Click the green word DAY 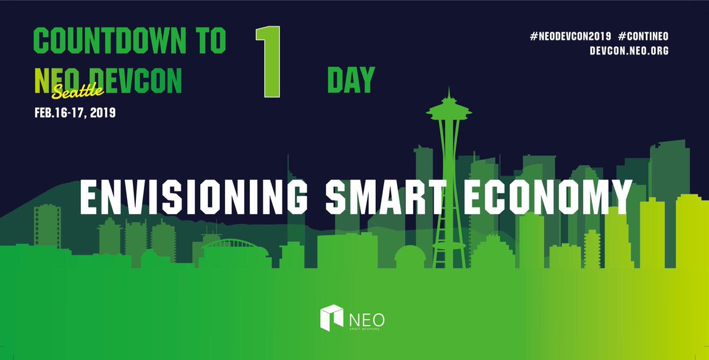tap(351, 80)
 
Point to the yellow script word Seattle tap(78, 89)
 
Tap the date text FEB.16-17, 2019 tap(75, 112)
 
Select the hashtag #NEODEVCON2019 tap(571, 37)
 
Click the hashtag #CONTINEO tap(643, 37)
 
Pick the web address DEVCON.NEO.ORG tap(629, 51)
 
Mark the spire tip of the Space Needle tap(449, 90)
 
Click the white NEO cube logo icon tap(331, 317)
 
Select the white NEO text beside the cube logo tap(367, 318)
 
